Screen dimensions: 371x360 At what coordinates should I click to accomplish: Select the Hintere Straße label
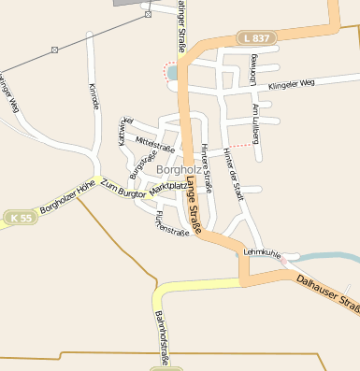click(206, 167)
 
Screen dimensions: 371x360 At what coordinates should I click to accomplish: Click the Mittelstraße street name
click(155, 145)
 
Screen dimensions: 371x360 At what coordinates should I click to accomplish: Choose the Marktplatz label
click(168, 187)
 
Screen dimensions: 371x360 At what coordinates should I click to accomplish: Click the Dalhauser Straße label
click(327, 292)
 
